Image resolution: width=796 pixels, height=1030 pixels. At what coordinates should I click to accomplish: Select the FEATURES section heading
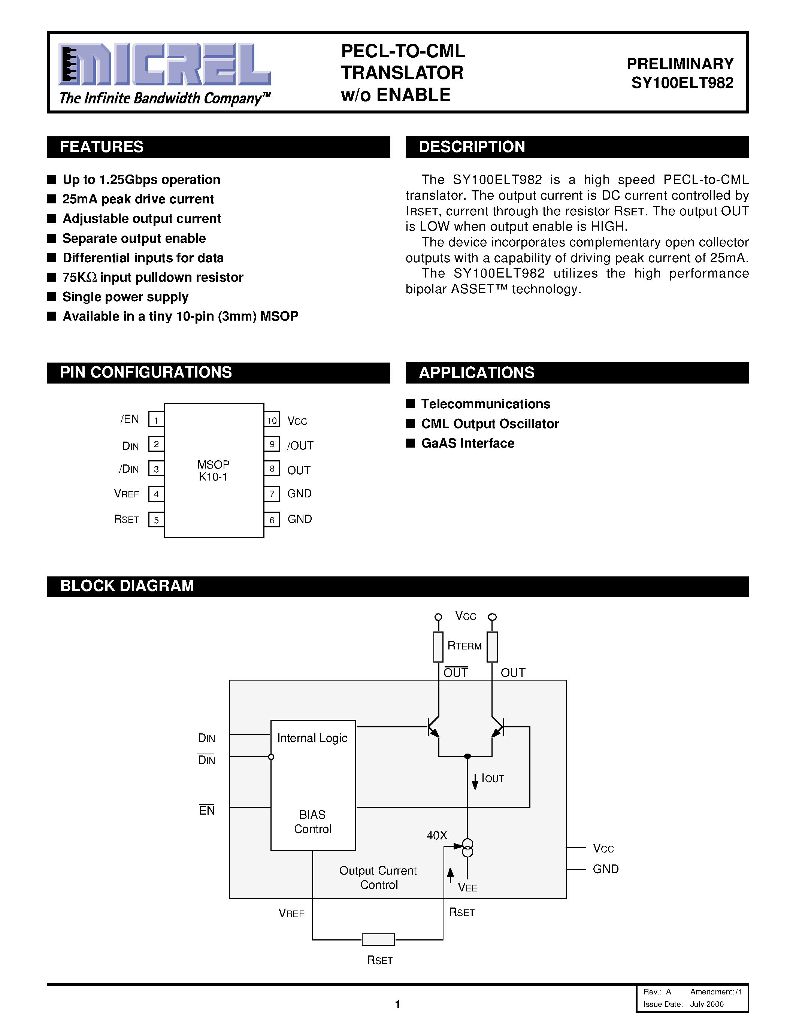[x=102, y=147]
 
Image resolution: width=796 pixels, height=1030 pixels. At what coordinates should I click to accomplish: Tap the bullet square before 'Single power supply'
[x=52, y=297]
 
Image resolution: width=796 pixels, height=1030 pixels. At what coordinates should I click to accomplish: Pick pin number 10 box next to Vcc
[x=272, y=420]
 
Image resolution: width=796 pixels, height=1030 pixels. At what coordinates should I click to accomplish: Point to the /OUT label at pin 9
[x=300, y=446]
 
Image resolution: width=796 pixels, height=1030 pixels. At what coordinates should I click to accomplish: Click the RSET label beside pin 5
[x=126, y=519]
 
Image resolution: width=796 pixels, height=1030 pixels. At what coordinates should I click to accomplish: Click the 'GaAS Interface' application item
[x=467, y=443]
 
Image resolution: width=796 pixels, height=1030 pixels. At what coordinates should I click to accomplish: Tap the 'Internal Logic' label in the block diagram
[x=312, y=738]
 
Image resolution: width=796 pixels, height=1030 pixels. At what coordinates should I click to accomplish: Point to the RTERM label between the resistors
[x=464, y=646]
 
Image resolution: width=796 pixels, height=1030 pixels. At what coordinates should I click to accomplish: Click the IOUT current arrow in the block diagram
[x=475, y=781]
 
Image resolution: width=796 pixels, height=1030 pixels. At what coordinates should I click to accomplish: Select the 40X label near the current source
[x=437, y=835]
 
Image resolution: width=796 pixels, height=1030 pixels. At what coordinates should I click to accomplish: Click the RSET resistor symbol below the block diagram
[x=378, y=939]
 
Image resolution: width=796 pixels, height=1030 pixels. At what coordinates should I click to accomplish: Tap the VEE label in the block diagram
[x=468, y=888]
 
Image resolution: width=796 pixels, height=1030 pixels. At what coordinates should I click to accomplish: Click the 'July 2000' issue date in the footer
[x=707, y=1004]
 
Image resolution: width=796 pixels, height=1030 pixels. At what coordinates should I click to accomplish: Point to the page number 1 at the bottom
[x=397, y=1004]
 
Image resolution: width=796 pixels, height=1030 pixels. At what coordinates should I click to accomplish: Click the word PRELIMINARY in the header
[x=680, y=64]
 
